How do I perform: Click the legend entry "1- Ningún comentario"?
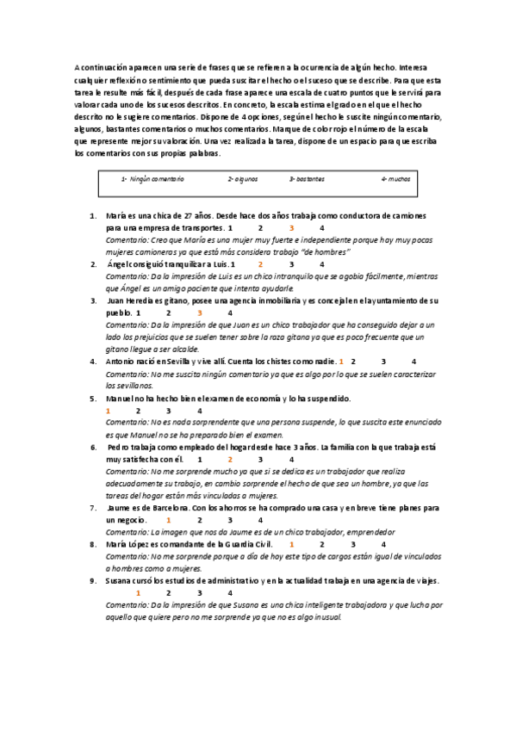(x=152, y=180)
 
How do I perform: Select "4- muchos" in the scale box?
(x=395, y=180)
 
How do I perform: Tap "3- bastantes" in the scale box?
(x=307, y=180)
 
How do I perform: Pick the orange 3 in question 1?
(x=291, y=228)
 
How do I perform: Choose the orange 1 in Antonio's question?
(x=341, y=362)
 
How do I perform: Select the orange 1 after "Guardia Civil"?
(x=292, y=545)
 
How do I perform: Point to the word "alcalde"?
(x=185, y=350)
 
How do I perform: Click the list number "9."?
(x=93, y=581)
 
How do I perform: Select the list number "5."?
(x=93, y=399)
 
